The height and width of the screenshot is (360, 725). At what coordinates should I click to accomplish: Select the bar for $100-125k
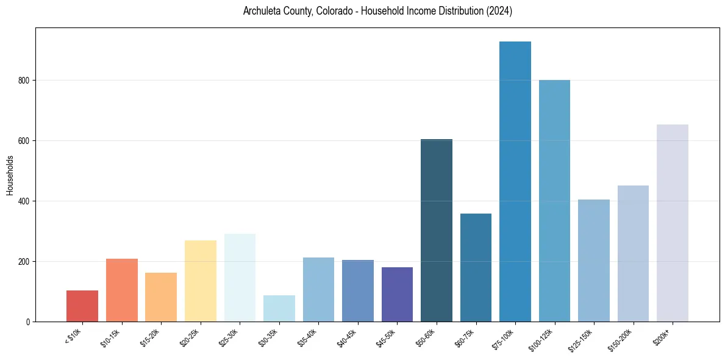pos(554,201)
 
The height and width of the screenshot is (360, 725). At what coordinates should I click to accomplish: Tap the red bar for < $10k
pos(82,306)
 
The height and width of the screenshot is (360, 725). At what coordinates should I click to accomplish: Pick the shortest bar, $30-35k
pos(279,309)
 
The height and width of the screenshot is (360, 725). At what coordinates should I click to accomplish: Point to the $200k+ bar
pos(672,223)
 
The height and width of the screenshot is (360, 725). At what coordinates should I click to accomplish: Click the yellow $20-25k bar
pos(201,281)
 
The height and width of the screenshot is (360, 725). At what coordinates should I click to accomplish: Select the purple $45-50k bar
pos(397,295)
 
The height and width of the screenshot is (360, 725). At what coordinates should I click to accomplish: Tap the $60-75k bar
pos(476,268)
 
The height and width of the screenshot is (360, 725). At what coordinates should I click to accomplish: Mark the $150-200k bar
pos(633,254)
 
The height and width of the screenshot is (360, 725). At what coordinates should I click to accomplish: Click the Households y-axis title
pos(10,175)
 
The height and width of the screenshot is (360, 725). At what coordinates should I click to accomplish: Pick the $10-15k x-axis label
pos(111,337)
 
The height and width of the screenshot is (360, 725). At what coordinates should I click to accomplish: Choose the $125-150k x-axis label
pos(582,339)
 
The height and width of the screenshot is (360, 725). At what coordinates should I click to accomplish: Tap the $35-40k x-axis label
pos(308,337)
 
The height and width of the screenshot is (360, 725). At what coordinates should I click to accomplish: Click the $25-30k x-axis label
pos(229,337)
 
